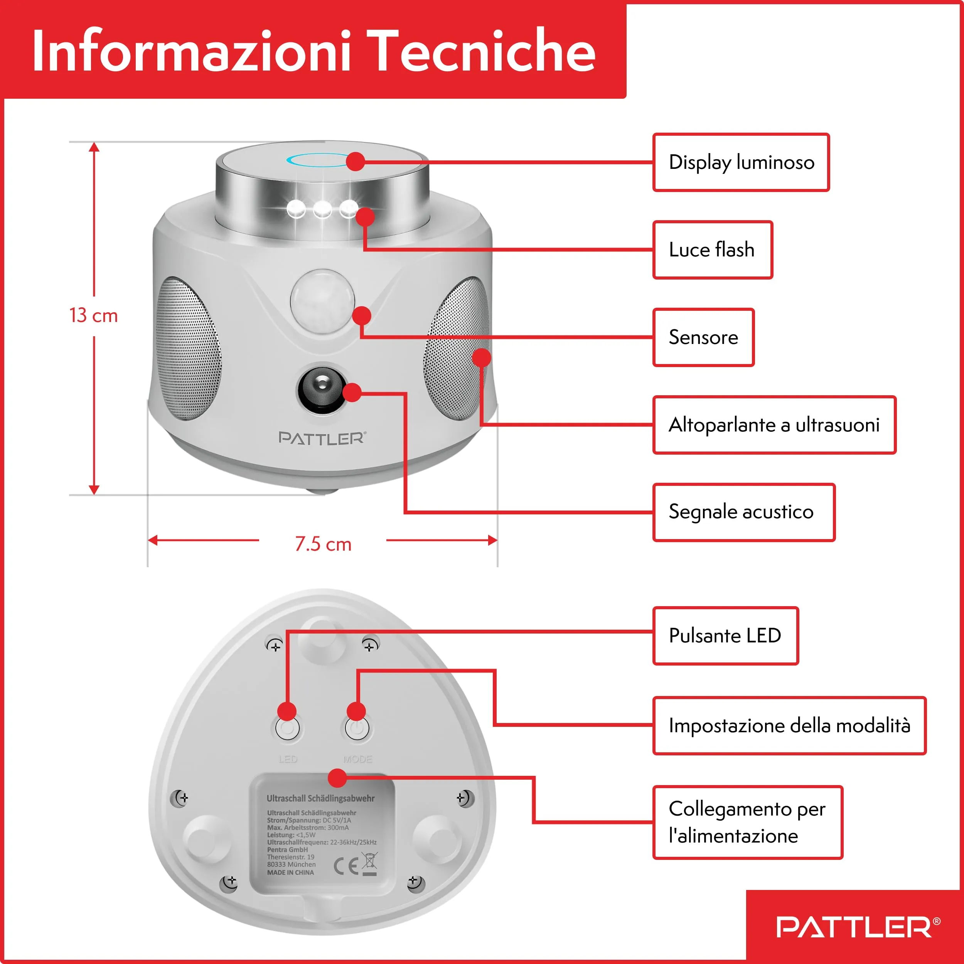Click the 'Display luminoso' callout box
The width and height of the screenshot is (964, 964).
pyautogui.click(x=741, y=162)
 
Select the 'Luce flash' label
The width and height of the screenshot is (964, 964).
pyautogui.click(x=713, y=249)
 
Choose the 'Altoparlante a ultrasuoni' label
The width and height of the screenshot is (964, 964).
pyautogui.click(x=774, y=425)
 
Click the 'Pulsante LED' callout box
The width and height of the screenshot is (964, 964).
pyautogui.click(x=725, y=636)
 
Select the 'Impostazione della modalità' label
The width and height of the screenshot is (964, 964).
pyautogui.click(x=789, y=725)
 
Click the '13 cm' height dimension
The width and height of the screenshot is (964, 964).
pyautogui.click(x=93, y=315)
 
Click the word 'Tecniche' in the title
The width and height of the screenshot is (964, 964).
pyautogui.click(x=484, y=51)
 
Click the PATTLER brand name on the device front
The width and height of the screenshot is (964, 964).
pyautogui.click(x=322, y=438)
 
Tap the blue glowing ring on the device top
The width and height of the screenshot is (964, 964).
pyautogui.click(x=319, y=160)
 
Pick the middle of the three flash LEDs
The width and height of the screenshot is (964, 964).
pyautogui.click(x=322, y=209)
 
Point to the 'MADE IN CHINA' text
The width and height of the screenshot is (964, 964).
pyautogui.click(x=290, y=873)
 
